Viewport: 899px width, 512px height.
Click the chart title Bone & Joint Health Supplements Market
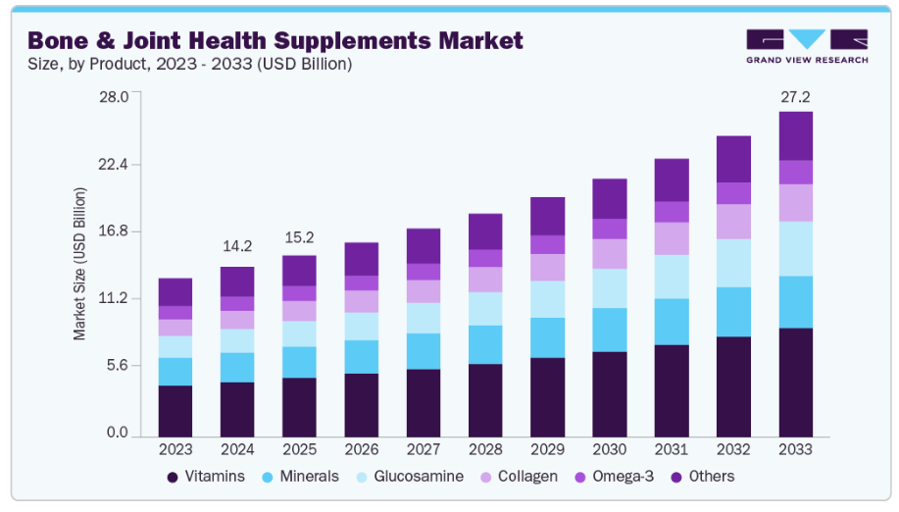[275, 40]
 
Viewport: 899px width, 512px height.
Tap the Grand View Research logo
[806, 46]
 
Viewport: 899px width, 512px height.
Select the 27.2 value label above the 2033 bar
[795, 97]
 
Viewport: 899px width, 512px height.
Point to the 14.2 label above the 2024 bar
[236, 246]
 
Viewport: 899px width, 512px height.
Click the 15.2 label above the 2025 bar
[299, 236]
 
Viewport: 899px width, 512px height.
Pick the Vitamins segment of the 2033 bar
[795, 383]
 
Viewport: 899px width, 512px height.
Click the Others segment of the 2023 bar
[175, 292]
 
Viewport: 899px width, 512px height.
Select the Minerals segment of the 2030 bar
[609, 330]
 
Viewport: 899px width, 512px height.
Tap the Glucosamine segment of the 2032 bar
[733, 263]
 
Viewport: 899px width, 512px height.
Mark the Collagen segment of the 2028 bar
[484, 280]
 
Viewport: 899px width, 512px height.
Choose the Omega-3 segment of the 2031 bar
[672, 212]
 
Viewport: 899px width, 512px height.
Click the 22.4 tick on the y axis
[116, 165]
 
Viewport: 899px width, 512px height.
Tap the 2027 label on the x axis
[423, 449]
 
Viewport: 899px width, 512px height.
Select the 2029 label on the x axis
[547, 449]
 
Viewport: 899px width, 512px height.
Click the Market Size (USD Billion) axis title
[80, 263]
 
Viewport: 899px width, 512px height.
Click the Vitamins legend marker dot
[174, 477]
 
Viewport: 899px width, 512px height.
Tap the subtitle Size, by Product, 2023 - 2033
[189, 65]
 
